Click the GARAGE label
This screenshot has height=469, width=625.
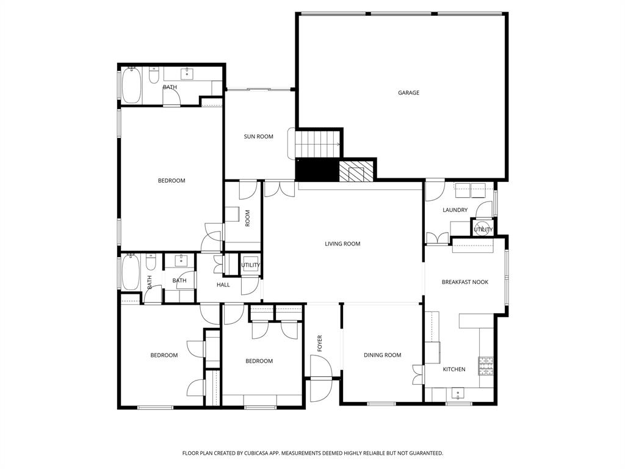click(x=408, y=93)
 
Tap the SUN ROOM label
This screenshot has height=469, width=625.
click(x=258, y=137)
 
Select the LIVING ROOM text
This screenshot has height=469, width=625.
click(x=342, y=244)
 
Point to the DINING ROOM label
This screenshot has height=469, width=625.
click(x=382, y=355)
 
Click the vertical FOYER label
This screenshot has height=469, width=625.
click(x=319, y=343)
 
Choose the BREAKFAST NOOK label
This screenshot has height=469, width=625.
click(x=464, y=282)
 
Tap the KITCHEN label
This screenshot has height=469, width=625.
click(x=454, y=369)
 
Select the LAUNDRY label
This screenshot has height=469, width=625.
click(x=455, y=210)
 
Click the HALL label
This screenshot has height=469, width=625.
click(x=223, y=285)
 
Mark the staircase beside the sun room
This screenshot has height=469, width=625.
click(x=317, y=144)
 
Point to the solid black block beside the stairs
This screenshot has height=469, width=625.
click(x=317, y=170)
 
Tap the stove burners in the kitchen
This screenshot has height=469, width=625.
click(x=486, y=365)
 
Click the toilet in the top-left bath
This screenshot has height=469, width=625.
click(x=154, y=76)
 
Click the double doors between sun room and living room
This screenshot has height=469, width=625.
click(x=280, y=189)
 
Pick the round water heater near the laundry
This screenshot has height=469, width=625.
click(x=483, y=227)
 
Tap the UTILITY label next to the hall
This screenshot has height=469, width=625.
click(x=250, y=265)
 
